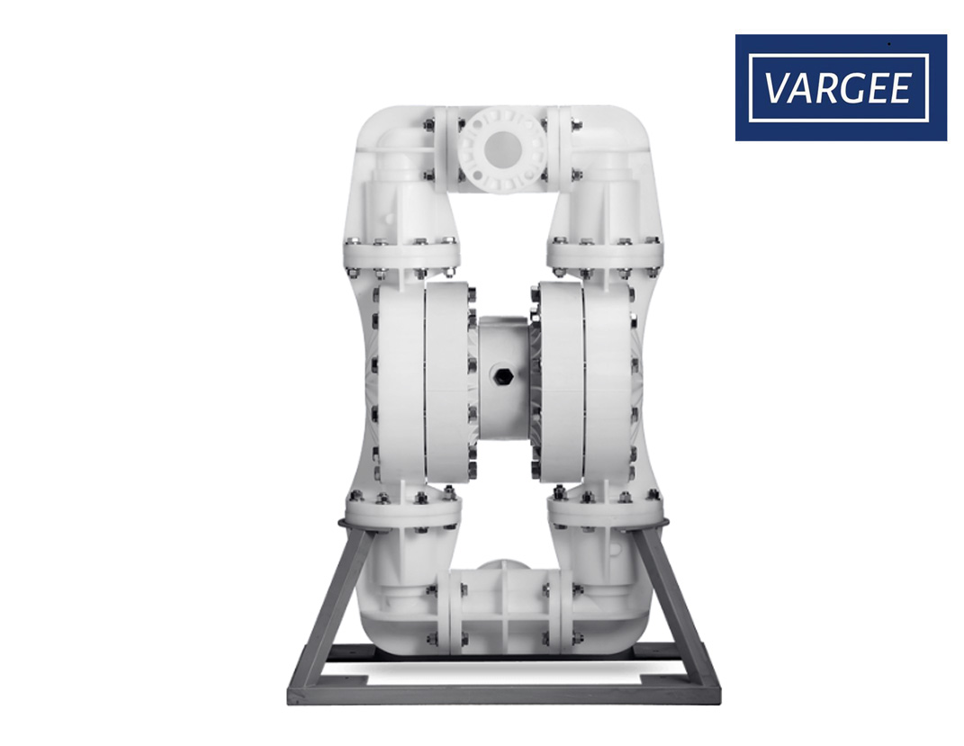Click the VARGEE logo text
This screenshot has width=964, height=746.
coord(837,88)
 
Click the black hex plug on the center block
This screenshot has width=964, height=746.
coord(504,376)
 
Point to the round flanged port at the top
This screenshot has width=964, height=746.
coord(502,148)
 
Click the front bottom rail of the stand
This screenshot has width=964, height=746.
coord(504,695)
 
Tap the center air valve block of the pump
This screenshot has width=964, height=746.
coord(503,377)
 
